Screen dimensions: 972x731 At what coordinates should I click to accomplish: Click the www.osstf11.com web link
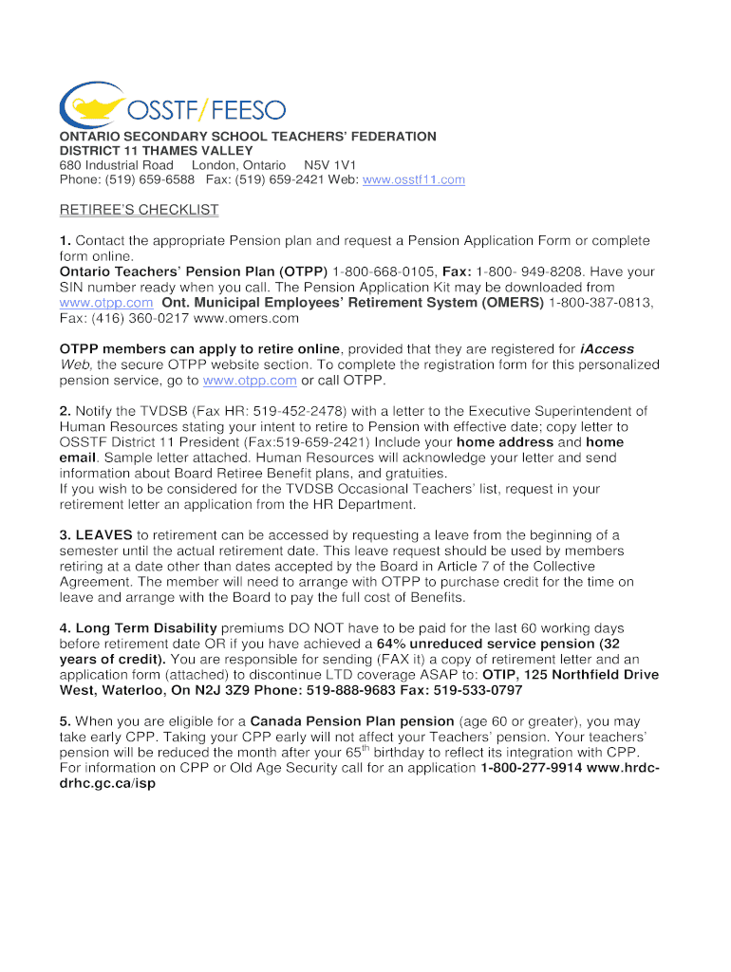414,179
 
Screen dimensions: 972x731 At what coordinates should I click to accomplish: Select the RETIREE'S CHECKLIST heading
139,210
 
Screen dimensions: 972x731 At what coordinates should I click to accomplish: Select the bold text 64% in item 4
393,644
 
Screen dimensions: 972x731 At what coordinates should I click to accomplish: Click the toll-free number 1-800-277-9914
532,767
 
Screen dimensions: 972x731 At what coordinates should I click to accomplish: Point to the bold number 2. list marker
66,411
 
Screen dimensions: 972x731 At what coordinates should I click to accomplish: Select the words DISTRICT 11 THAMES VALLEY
157,151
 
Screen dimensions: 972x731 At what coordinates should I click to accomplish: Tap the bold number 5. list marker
66,721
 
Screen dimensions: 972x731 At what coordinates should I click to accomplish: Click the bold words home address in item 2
505,442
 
